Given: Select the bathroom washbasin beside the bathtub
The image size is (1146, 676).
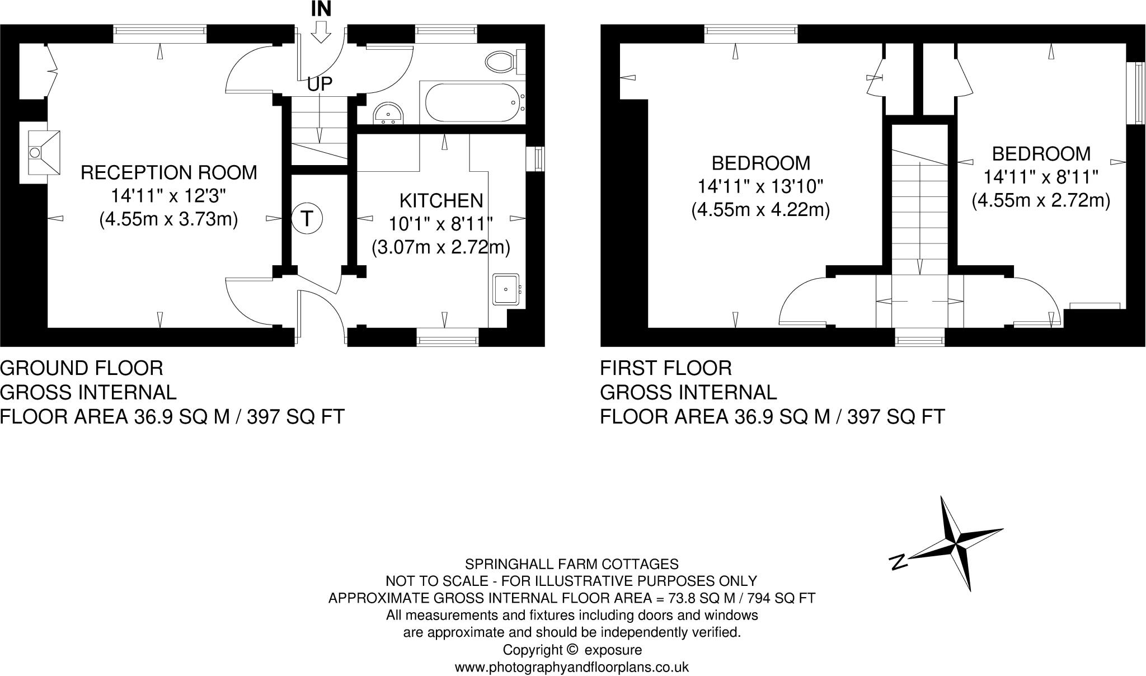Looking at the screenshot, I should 388,114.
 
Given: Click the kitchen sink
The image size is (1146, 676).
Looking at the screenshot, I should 506,289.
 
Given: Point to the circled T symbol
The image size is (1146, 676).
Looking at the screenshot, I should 307,218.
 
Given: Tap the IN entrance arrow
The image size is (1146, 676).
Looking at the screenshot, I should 321,32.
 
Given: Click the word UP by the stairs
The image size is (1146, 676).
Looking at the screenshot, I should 320,84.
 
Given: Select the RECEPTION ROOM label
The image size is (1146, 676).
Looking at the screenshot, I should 168,173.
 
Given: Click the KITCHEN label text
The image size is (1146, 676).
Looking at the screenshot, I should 440,200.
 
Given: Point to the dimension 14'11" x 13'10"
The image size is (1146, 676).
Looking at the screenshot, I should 760,186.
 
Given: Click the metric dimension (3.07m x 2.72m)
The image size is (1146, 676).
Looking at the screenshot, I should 440,247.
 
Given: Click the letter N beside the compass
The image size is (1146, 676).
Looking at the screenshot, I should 898,561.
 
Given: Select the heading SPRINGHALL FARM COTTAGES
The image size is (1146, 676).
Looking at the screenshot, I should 571,564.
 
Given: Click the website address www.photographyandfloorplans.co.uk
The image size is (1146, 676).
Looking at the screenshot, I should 571,667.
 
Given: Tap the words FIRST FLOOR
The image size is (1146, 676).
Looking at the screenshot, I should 665,368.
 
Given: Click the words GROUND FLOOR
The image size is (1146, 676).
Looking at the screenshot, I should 82,368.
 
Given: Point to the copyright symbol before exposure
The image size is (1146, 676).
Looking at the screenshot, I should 571,650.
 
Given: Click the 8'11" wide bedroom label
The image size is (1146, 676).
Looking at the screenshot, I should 1041,154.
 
